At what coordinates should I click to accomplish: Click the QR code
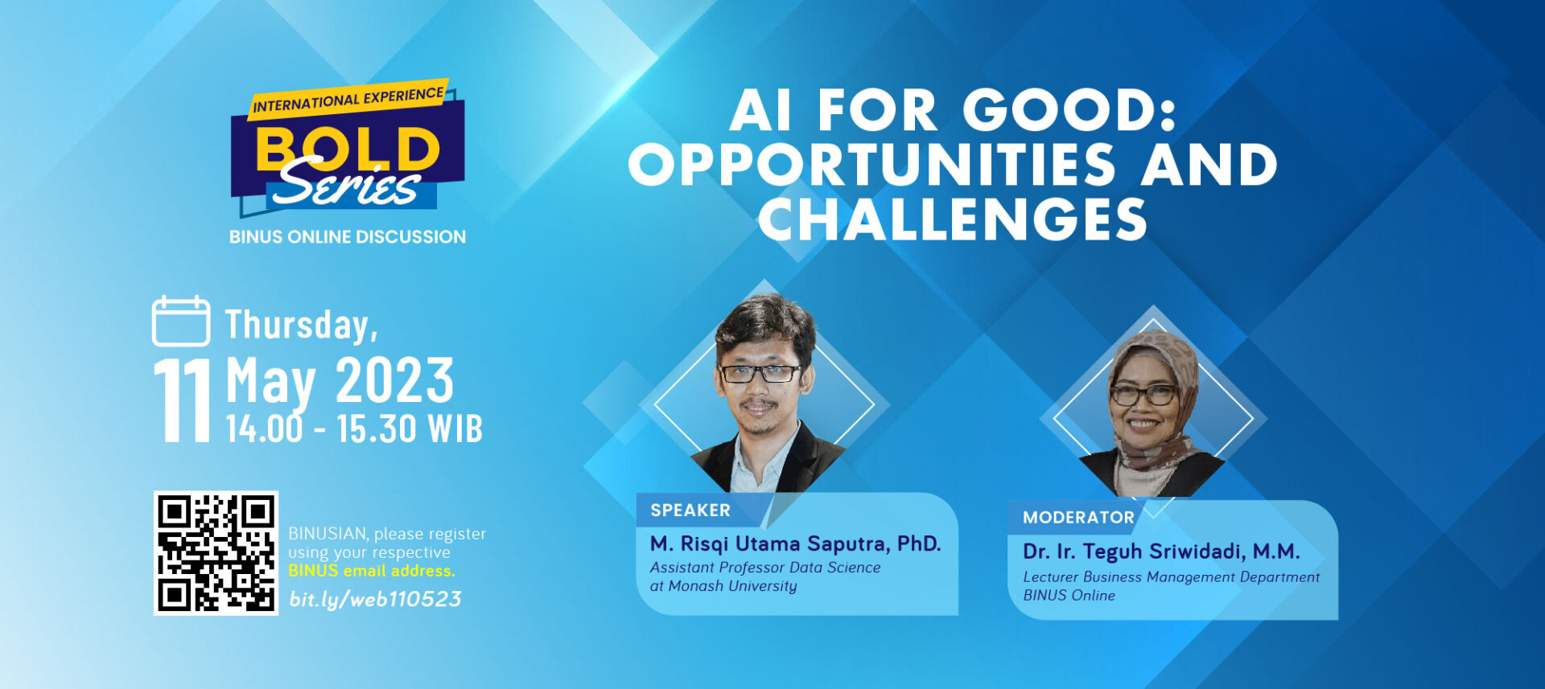[216, 553]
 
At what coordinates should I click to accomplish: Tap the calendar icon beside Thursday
[181, 321]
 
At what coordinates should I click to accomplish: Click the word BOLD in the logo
[348, 149]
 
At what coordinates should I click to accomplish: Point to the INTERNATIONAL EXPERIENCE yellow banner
[348, 99]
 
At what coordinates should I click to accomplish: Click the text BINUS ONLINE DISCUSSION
[348, 237]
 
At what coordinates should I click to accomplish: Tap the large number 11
[183, 400]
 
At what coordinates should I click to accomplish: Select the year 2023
[394, 380]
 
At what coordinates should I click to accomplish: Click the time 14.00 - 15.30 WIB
[354, 429]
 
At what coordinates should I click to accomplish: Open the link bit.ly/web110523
[375, 600]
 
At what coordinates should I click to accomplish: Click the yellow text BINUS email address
[372, 571]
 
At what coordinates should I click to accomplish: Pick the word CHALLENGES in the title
[953, 219]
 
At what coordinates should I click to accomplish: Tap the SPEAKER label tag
[690, 511]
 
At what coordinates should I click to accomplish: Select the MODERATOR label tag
[1078, 518]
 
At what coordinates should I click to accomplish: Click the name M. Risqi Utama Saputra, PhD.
[795, 544]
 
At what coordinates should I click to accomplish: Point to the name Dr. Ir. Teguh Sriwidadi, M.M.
[1161, 552]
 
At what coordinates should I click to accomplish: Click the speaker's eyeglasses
[759, 373]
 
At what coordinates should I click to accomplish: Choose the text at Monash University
[723, 586]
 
